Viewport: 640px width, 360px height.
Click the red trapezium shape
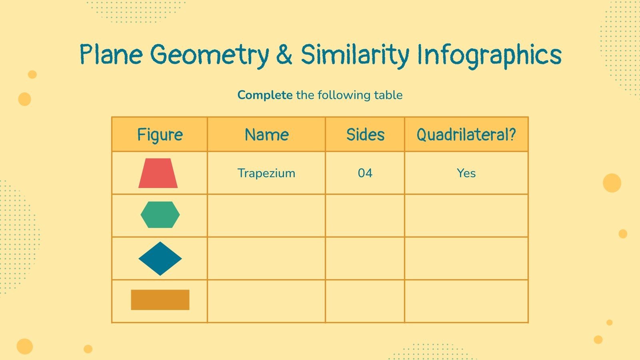[158, 174]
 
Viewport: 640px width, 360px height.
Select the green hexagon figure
[160, 215]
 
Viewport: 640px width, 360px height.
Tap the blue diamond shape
[160, 258]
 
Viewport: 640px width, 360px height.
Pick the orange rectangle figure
[160, 300]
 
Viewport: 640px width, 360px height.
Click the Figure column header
[160, 135]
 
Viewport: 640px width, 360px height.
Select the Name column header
[266, 135]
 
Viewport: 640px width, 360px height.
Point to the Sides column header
[365, 135]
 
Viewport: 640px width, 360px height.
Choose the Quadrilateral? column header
[466, 135]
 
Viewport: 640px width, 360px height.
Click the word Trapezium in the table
[266, 173]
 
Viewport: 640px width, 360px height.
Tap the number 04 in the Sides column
[365, 173]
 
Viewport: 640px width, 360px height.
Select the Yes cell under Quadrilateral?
[466, 173]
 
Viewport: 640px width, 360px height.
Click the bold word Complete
[265, 95]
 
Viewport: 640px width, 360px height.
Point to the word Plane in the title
[111, 55]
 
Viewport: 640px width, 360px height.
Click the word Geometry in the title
[210, 55]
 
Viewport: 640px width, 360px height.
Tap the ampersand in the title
[284, 55]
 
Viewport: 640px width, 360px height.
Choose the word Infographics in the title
[489, 55]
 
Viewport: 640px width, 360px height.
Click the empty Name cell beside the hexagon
[266, 216]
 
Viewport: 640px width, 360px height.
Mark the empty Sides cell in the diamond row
[365, 258]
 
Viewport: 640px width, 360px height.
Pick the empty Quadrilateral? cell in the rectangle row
[466, 301]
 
